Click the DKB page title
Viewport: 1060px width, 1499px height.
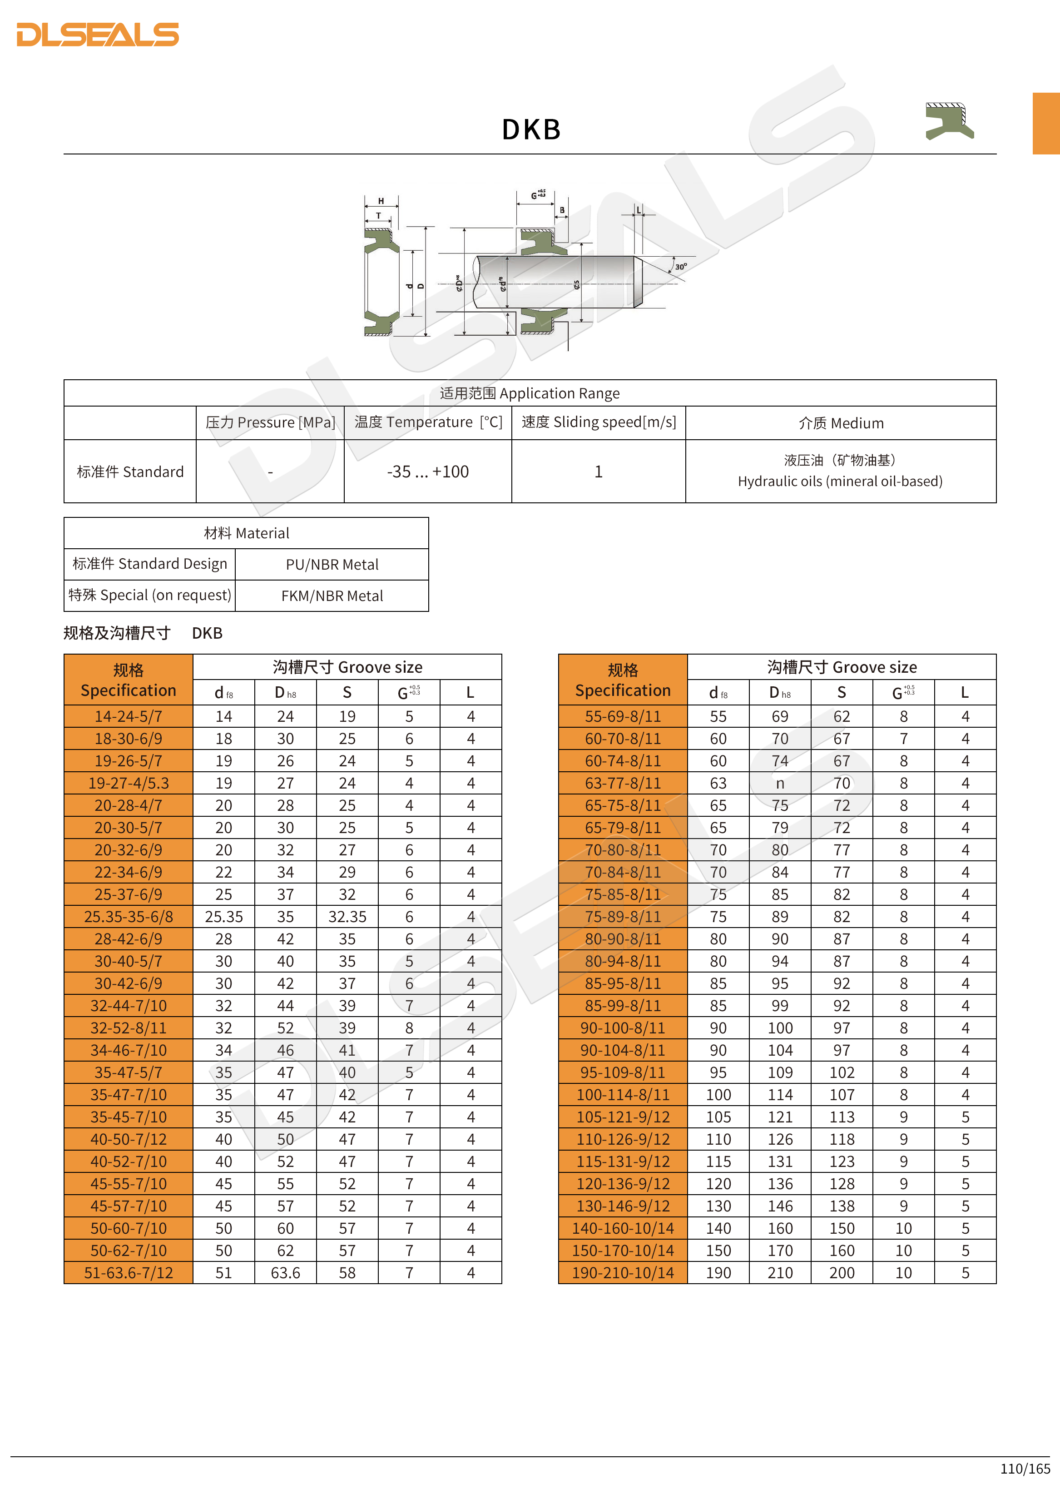(530, 129)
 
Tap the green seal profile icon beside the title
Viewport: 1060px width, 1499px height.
(949, 121)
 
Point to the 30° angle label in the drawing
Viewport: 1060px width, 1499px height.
(681, 266)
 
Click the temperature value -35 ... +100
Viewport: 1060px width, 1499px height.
(427, 472)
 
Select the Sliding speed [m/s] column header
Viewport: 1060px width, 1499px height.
(599, 422)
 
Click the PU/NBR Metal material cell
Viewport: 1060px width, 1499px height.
(332, 565)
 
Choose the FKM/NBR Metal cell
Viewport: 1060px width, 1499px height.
(332, 596)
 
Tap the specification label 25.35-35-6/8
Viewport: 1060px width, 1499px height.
(129, 917)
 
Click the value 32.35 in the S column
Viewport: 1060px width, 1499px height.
(347, 917)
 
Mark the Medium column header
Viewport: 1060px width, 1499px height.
(841, 423)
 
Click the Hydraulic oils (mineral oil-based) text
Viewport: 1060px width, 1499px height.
(840, 481)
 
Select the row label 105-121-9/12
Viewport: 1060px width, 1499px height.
(623, 1117)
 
